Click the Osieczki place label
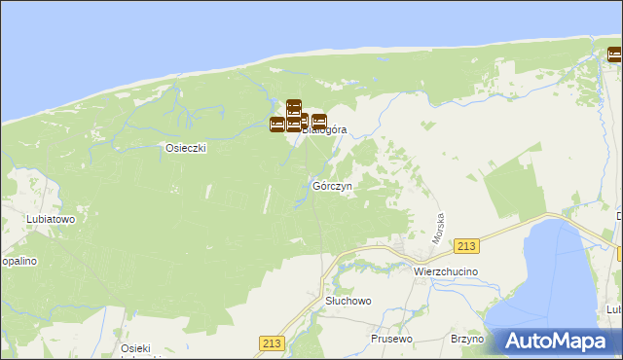tap(186, 149)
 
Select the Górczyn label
tap(332, 185)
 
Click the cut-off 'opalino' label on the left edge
tap(18, 262)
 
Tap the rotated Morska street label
tap(439, 229)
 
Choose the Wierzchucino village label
tap(445, 271)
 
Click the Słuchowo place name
tap(348, 302)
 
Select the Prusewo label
tap(393, 339)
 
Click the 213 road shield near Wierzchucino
tap(468, 247)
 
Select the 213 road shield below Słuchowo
tap(272, 342)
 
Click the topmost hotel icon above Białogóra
tap(294, 107)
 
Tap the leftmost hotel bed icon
tap(277, 124)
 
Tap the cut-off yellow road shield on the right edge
tap(619, 254)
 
